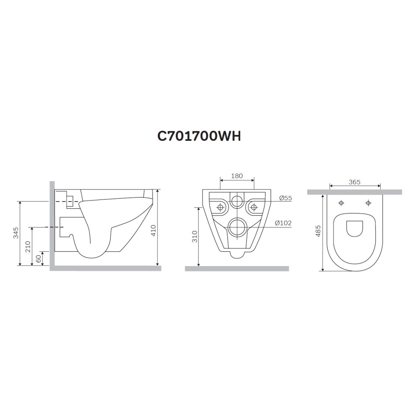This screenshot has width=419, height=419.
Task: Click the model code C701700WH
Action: click(199, 136)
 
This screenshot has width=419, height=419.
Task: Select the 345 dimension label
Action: click(16, 233)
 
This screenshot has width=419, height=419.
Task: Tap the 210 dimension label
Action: click(28, 247)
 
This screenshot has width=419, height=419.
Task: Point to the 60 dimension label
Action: click(39, 259)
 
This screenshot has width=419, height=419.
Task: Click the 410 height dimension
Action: click(153, 230)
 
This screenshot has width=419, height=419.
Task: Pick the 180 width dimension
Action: click(237, 176)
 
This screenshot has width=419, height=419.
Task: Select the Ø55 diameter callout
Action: click(285, 198)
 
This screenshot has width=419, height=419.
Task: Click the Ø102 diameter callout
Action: click(283, 222)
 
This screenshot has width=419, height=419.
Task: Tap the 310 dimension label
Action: click(195, 236)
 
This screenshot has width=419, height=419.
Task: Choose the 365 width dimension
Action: click(354, 182)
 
